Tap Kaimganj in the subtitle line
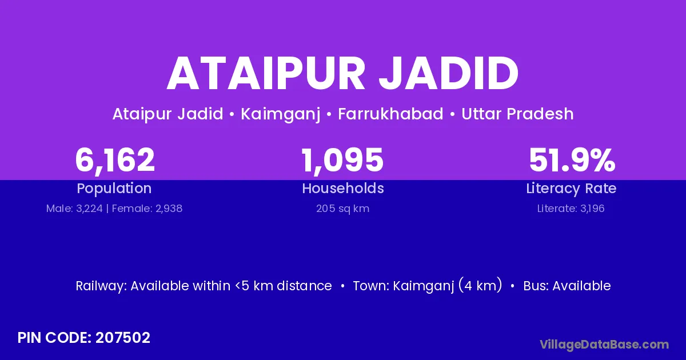281,114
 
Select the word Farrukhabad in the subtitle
390,114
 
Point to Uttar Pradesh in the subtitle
517,114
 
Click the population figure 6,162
115,160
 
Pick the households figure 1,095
342,160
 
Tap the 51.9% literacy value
572,160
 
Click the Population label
114,189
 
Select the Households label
343,188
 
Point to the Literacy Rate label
571,189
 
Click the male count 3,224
89,209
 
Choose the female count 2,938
169,209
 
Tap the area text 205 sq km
342,209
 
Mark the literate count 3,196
592,209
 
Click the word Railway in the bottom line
101,286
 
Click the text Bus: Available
567,286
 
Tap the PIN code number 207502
123,338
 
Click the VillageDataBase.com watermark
604,345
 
